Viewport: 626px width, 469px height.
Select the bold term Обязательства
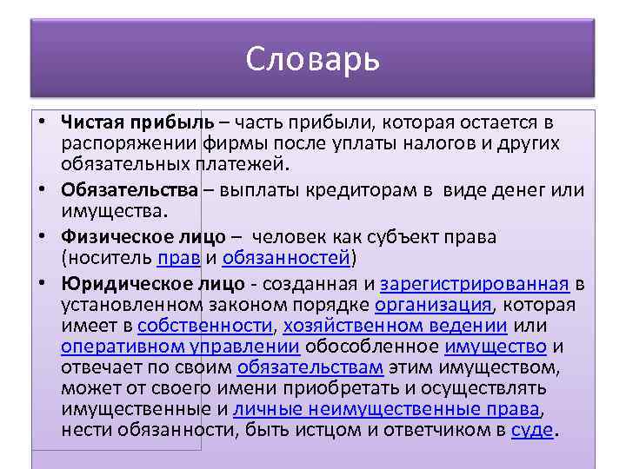(x=130, y=190)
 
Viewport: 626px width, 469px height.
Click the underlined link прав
(x=179, y=258)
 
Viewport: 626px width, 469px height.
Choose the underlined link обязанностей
(x=286, y=258)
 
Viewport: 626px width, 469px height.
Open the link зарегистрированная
(x=475, y=283)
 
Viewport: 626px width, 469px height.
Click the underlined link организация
(x=433, y=305)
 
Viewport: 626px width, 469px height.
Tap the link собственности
(x=205, y=327)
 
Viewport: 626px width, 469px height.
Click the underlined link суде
(x=531, y=431)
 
